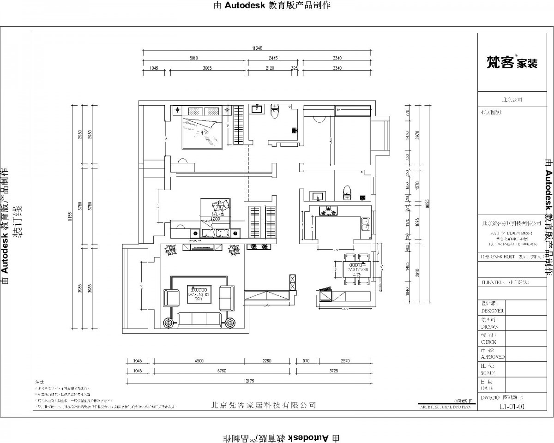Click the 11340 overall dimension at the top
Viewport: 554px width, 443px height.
coord(257,48)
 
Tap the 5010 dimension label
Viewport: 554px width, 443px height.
coord(193,58)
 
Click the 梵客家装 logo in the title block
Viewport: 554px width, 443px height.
coord(512,63)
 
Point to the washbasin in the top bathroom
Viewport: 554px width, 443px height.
coord(256,109)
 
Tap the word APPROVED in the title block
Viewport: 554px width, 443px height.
coord(493,357)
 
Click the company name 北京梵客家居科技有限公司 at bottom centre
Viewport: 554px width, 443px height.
coord(263,405)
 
